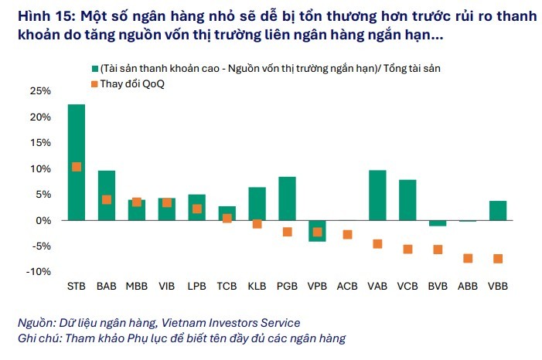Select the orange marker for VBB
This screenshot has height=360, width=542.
tap(498, 259)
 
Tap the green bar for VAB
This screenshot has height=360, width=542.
tap(377, 195)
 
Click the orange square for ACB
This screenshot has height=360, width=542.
tap(347, 234)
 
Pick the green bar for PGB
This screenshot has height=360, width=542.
tap(287, 199)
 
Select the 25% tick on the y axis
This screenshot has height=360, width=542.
tap(39, 91)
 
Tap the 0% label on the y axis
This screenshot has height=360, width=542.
tap(43, 220)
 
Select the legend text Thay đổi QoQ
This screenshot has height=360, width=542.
tap(132, 83)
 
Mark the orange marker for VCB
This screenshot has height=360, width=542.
tap(407, 249)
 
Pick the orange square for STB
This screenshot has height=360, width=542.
tap(77, 167)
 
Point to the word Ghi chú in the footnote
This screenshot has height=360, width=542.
tap(37, 338)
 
